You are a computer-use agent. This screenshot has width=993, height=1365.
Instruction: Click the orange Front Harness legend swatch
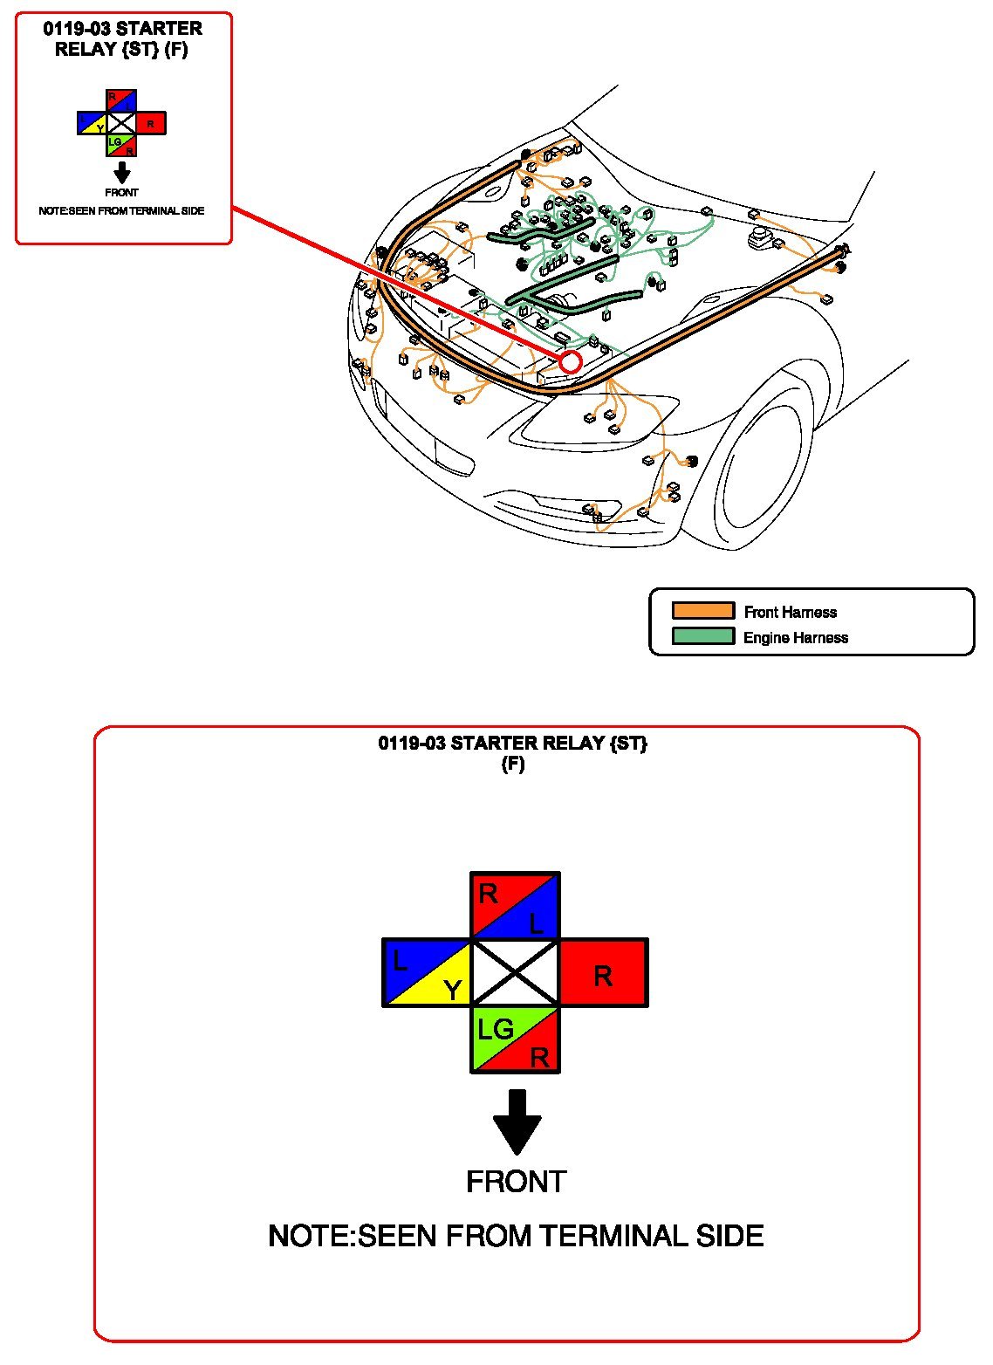tap(702, 611)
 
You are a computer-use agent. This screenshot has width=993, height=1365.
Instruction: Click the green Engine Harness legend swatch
tap(702, 636)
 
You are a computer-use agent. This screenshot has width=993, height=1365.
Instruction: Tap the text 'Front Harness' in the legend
tap(790, 612)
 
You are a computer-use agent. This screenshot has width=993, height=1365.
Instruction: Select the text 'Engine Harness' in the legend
tap(795, 637)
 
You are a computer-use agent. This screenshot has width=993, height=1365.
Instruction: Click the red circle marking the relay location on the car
tap(571, 361)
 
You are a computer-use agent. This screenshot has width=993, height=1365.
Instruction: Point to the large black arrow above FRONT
tap(517, 1121)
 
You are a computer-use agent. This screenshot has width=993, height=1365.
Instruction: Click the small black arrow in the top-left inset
tap(122, 172)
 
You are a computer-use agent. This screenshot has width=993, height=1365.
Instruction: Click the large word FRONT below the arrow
tap(516, 1182)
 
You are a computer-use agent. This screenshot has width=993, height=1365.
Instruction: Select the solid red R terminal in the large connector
tap(603, 973)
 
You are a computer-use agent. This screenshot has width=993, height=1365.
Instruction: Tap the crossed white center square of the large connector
tap(515, 973)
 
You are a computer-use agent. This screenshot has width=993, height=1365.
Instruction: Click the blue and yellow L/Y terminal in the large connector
tap(427, 973)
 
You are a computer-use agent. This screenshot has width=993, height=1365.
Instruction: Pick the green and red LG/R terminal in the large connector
tap(515, 1039)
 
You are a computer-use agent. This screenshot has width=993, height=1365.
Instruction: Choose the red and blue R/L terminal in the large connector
tap(515, 906)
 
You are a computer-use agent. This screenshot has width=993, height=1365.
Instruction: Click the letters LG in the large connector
tap(495, 1029)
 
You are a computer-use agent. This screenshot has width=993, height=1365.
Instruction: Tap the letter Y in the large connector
tap(452, 991)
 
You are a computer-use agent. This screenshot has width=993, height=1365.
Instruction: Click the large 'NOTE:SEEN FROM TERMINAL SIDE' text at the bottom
tap(516, 1236)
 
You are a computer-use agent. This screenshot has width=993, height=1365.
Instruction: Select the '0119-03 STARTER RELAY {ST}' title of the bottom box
tap(513, 744)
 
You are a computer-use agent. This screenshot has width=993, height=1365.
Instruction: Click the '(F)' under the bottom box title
tap(513, 765)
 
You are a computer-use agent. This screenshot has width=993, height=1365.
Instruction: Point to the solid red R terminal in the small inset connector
tap(151, 124)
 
